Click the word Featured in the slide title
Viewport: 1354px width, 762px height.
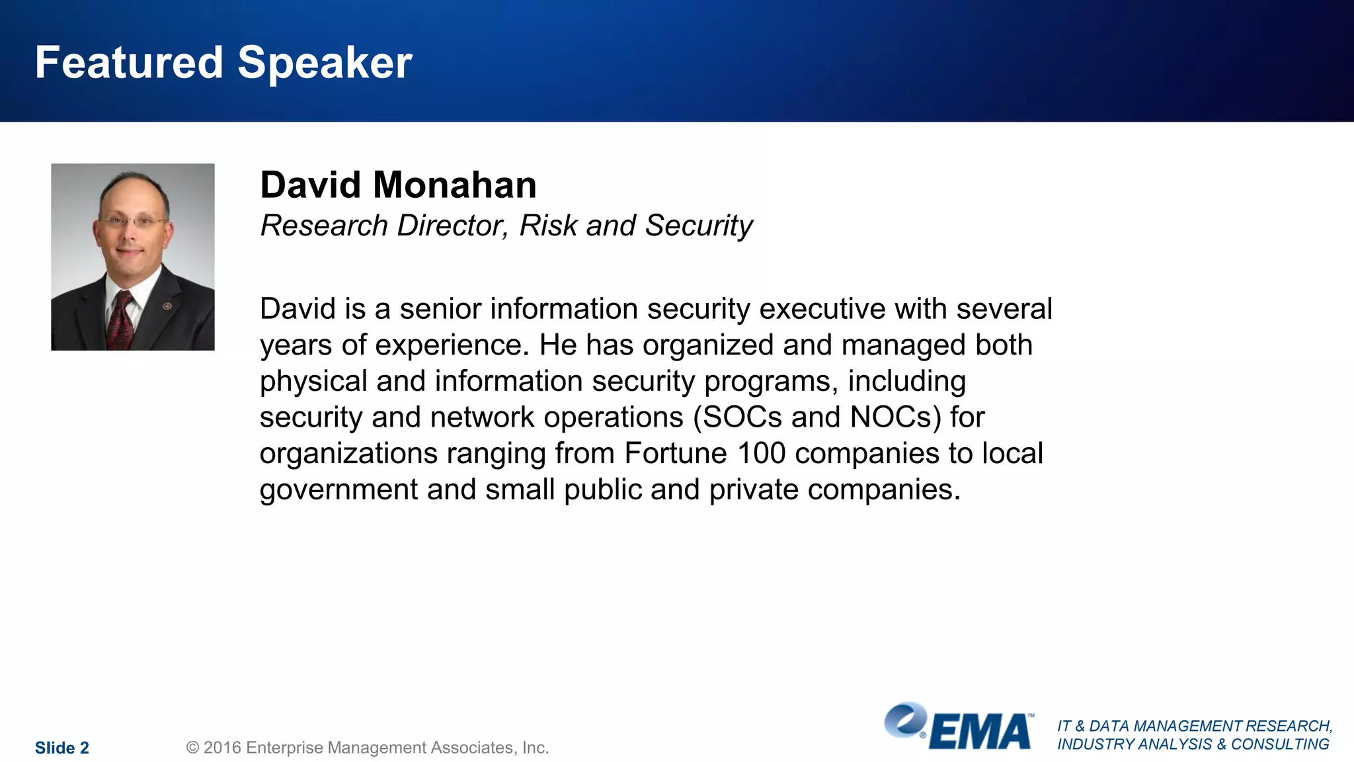129,63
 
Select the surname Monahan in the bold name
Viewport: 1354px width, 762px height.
455,185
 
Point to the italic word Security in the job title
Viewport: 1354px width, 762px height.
699,226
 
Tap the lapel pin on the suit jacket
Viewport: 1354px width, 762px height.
167,306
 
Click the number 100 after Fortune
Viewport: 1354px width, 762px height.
761,454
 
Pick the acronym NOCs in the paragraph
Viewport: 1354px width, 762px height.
895,417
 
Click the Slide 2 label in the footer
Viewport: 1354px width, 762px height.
62,748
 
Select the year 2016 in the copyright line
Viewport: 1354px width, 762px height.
221,748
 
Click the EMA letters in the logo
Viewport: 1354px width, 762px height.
980,732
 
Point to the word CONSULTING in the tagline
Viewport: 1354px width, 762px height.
1280,745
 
